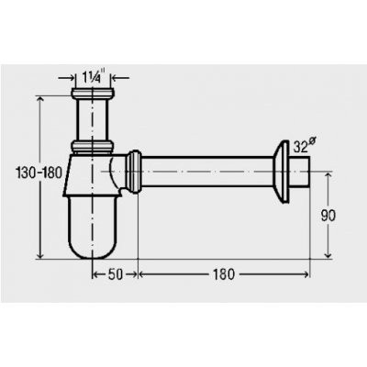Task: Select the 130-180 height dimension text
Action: click(39, 173)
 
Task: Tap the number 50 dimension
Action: click(116, 274)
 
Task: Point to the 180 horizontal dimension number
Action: click(224, 274)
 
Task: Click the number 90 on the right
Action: click(328, 216)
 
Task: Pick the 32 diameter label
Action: click(304, 145)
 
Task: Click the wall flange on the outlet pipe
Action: click(281, 172)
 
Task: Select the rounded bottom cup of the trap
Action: click(92, 228)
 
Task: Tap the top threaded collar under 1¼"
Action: click(93, 94)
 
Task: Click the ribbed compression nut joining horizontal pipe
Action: click(134, 172)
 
